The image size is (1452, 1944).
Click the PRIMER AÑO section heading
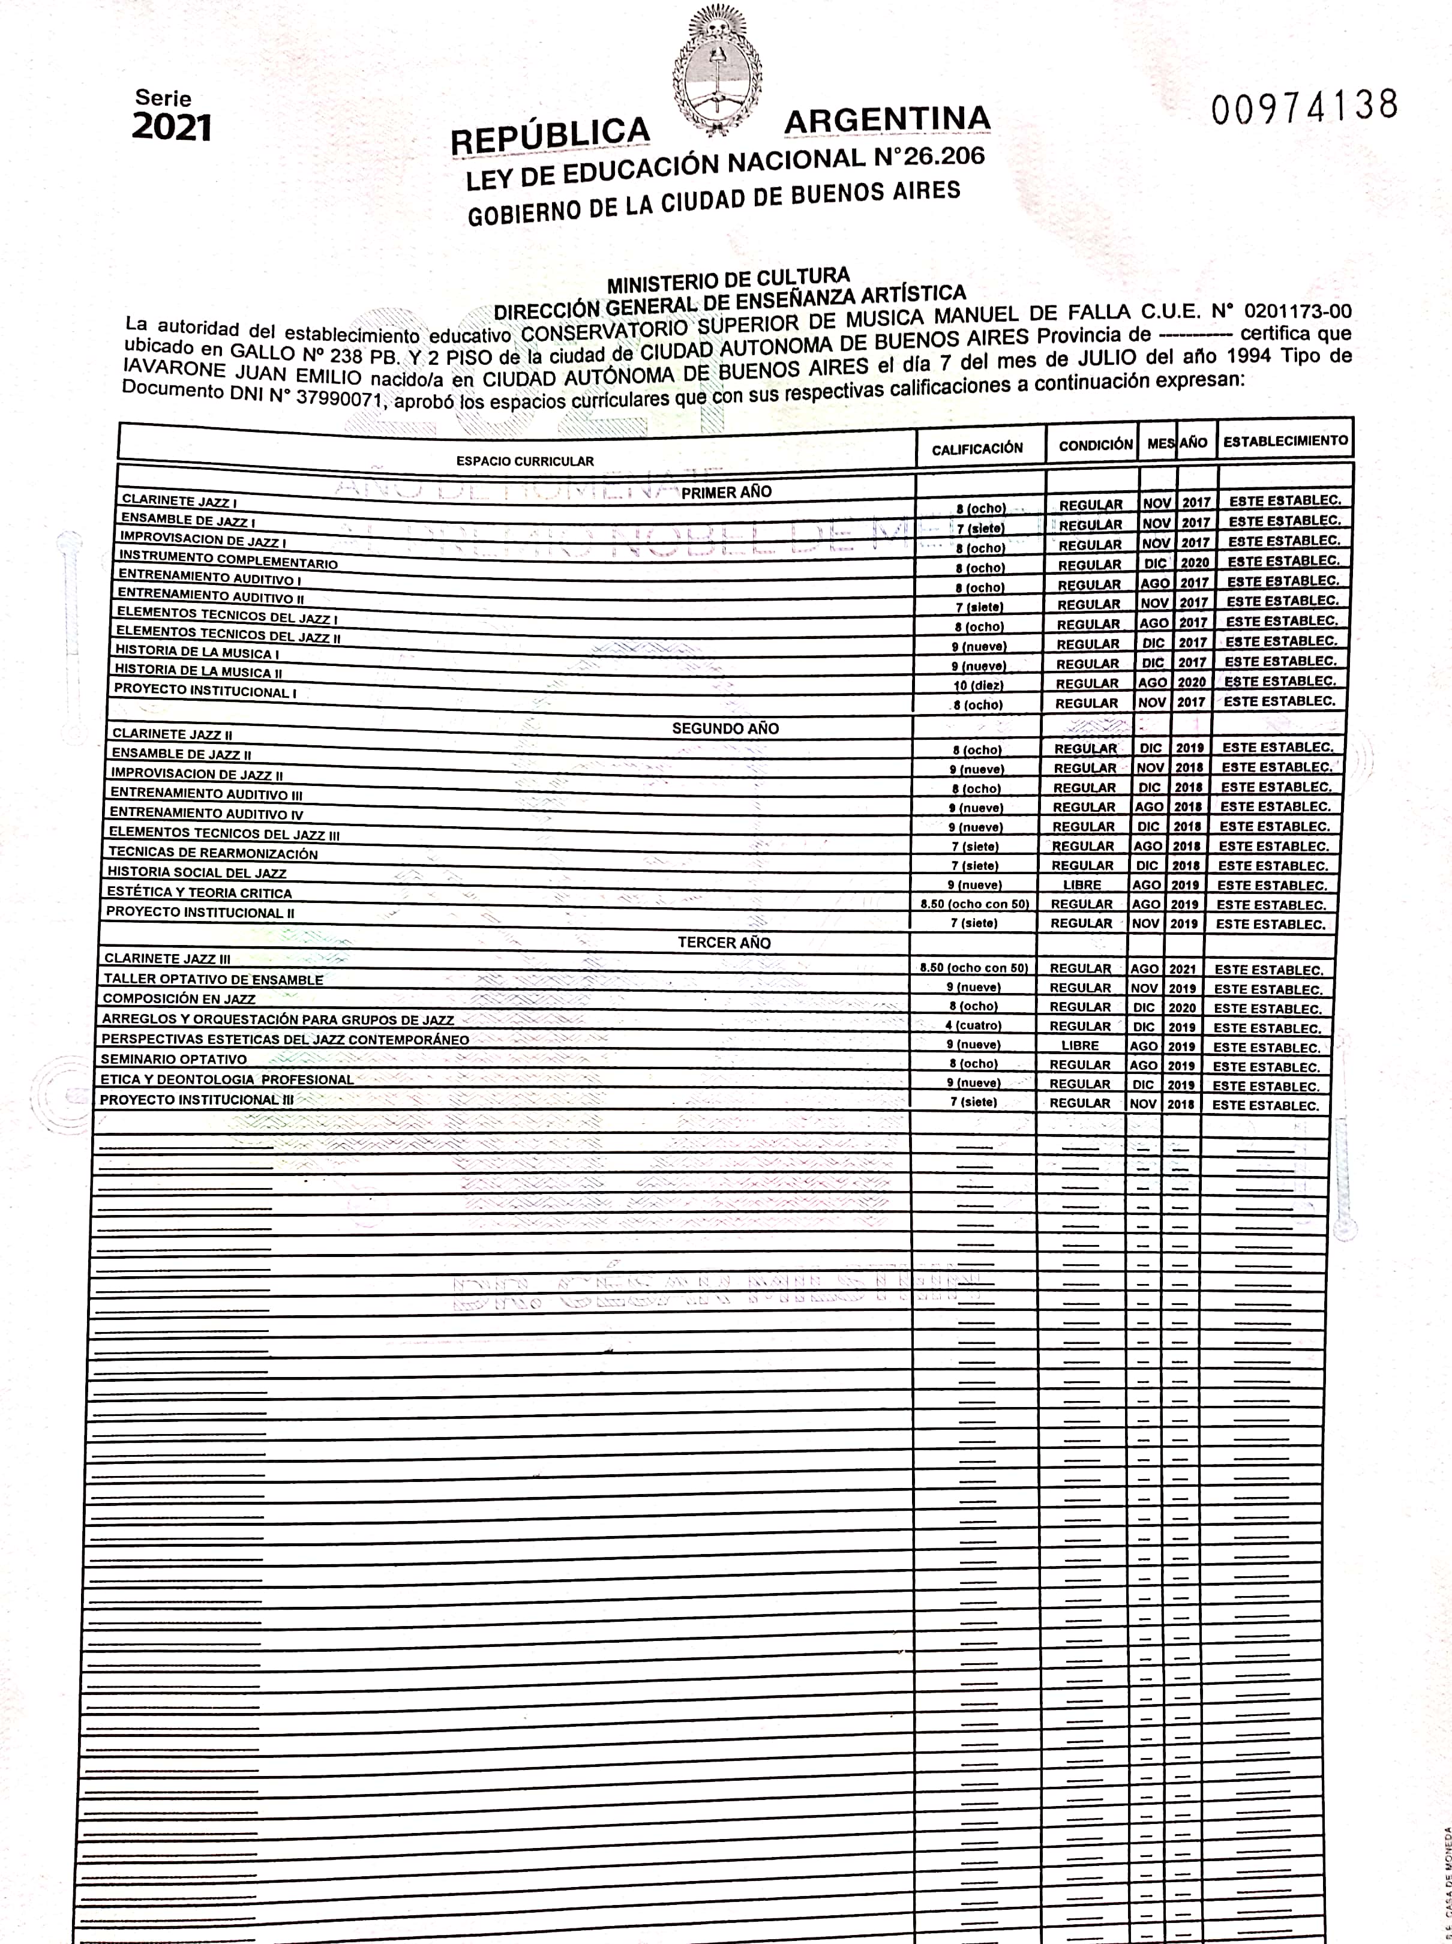pyautogui.click(x=726, y=492)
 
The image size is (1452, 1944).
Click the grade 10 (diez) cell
pyautogui.click(x=978, y=685)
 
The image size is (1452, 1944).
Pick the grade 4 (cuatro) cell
pyautogui.click(x=973, y=1025)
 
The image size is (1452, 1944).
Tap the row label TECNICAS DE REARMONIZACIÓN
pyautogui.click(x=213, y=853)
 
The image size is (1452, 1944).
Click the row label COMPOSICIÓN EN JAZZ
pyautogui.click(x=179, y=999)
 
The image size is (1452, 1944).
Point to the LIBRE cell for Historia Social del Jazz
pyautogui.click(x=1082, y=885)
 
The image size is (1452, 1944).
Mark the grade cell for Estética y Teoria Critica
pyautogui.click(x=975, y=904)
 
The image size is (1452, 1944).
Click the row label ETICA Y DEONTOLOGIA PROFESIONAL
pyautogui.click(x=227, y=1079)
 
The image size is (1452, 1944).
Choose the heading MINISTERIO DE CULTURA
pyautogui.click(x=728, y=281)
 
